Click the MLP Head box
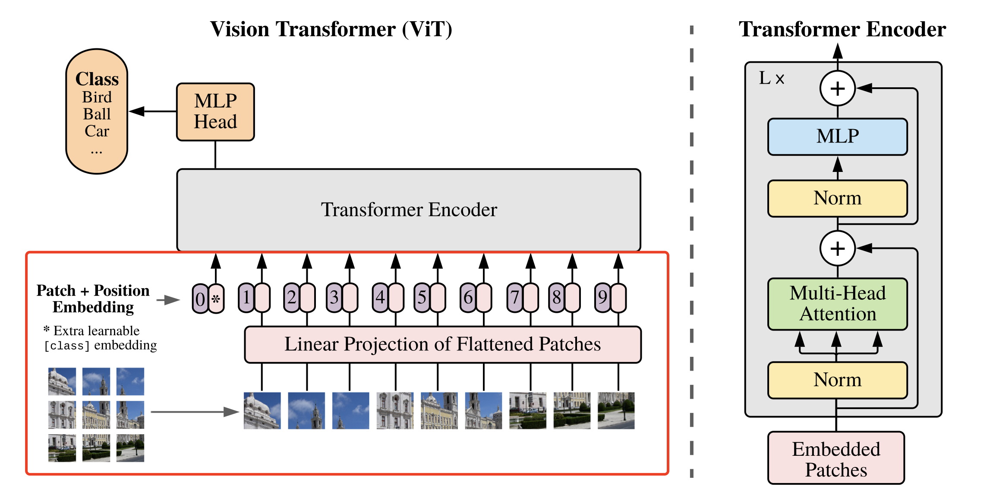click(215, 112)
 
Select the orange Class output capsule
click(97, 111)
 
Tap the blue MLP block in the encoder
click(838, 137)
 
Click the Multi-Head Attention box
click(838, 304)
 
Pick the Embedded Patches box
click(836, 458)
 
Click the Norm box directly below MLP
click(838, 198)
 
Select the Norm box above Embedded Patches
click(838, 380)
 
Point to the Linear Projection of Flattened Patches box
click(443, 344)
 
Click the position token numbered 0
click(200, 299)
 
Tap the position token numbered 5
click(422, 297)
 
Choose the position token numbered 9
click(602, 297)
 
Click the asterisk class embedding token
click(216, 299)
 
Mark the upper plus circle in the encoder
click(838, 89)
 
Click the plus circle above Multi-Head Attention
click(838, 248)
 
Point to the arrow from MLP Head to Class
click(153, 111)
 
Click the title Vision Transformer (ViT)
click(331, 29)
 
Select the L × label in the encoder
click(772, 78)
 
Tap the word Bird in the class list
click(97, 97)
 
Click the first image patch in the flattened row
click(262, 410)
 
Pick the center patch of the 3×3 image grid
click(96, 415)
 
